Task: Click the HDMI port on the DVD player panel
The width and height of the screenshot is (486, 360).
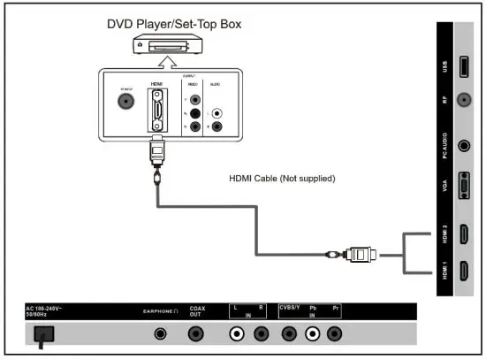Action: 156,113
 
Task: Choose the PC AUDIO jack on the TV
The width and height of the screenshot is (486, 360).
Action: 464,145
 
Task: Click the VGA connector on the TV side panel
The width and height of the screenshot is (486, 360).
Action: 464,188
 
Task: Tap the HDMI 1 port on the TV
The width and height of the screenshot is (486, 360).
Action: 464,270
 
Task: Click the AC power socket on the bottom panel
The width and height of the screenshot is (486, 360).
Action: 42,334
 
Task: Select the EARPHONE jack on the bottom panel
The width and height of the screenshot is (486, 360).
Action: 160,334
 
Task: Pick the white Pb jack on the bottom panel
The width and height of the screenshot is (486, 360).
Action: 312,334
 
